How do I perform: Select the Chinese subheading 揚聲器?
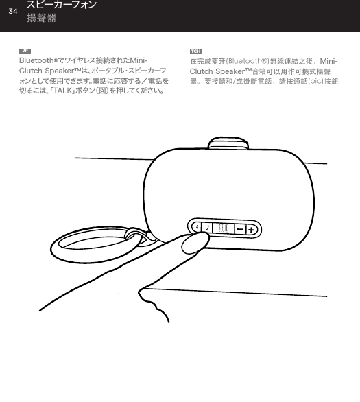coord(41,18)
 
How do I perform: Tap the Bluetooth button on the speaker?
coord(196,228)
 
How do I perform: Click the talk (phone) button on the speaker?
coord(207,228)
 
